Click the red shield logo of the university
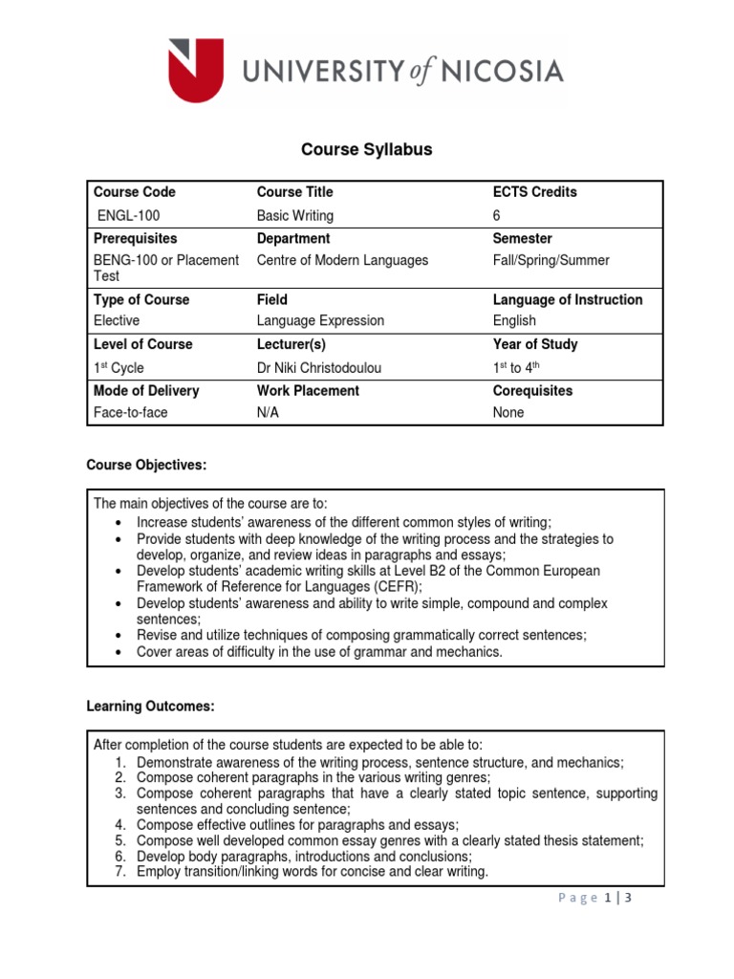196,69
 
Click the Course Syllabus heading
367,149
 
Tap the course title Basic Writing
295,216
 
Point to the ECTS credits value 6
496,216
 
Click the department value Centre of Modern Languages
342,260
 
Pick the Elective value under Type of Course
116,321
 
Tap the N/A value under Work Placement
269,413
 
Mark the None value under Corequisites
508,413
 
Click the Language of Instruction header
568,299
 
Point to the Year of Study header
535,344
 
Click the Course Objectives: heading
146,466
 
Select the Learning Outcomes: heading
151,707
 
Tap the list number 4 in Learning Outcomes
121,824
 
